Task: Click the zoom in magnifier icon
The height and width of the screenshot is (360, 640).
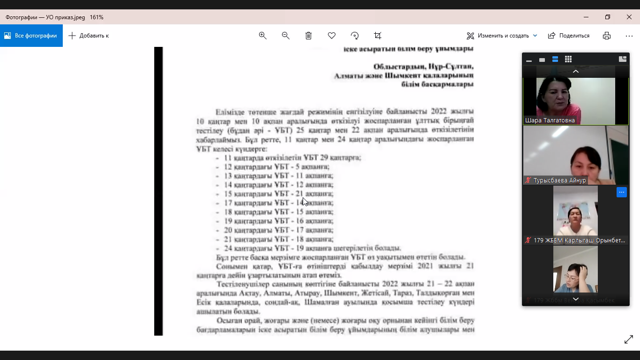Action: pyautogui.click(x=262, y=36)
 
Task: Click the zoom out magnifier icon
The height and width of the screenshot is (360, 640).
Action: pyautogui.click(x=285, y=36)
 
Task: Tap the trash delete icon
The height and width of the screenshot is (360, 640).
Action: pyautogui.click(x=308, y=36)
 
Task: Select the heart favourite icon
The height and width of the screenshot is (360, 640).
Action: pyautogui.click(x=332, y=36)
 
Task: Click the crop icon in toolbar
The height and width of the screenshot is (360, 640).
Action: pyautogui.click(x=378, y=36)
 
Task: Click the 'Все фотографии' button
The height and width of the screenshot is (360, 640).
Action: pyautogui.click(x=31, y=36)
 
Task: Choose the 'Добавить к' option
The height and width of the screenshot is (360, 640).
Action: pyautogui.click(x=89, y=36)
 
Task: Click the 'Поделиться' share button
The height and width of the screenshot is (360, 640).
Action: pyautogui.click(x=569, y=36)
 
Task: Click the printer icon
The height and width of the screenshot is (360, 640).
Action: pyautogui.click(x=607, y=36)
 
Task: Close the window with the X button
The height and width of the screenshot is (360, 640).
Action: pyautogui.click(x=629, y=17)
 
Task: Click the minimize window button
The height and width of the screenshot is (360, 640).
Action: pyautogui.click(x=586, y=17)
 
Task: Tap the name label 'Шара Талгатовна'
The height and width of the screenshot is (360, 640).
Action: pyautogui.click(x=550, y=120)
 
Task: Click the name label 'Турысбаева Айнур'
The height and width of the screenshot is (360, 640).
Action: pyautogui.click(x=559, y=180)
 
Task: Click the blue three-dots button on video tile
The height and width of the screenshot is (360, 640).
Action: pyautogui.click(x=621, y=192)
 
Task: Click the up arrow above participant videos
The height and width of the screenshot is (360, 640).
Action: pyautogui.click(x=576, y=71)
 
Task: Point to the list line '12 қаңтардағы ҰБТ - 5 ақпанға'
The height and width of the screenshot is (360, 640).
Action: pyautogui.click(x=276, y=167)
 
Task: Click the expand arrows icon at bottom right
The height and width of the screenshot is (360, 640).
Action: pyautogui.click(x=629, y=340)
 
